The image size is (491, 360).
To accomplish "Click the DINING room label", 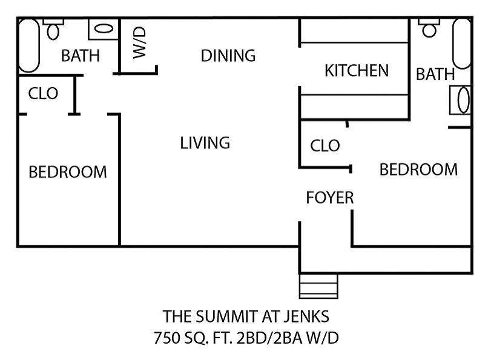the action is click(228, 56).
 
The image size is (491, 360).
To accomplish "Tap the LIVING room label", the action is click(205, 143).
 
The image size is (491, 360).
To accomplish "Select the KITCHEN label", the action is click(357, 70).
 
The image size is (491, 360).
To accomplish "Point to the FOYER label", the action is click(330, 197).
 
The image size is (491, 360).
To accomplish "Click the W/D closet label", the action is click(139, 42).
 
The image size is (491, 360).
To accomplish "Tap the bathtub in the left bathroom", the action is click(29, 45).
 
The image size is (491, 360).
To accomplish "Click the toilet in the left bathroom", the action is click(53, 29).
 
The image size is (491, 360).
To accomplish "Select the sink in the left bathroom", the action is click(104, 29).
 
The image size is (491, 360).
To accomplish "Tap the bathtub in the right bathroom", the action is click(462, 44).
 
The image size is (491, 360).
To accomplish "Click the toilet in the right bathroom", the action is click(429, 28).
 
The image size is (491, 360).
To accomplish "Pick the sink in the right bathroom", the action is click(460, 100).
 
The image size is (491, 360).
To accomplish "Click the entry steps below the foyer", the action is click(319, 286).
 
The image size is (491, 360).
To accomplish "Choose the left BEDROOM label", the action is click(68, 172).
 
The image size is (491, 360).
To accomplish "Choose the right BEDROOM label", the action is click(418, 169).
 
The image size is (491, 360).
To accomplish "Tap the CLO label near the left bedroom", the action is click(43, 93).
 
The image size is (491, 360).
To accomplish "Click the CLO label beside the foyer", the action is click(325, 146).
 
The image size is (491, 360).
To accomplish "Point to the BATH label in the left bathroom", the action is click(81, 56).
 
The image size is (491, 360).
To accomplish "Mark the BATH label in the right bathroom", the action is click(435, 74).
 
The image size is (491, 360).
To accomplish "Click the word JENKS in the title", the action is click(306, 316).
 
